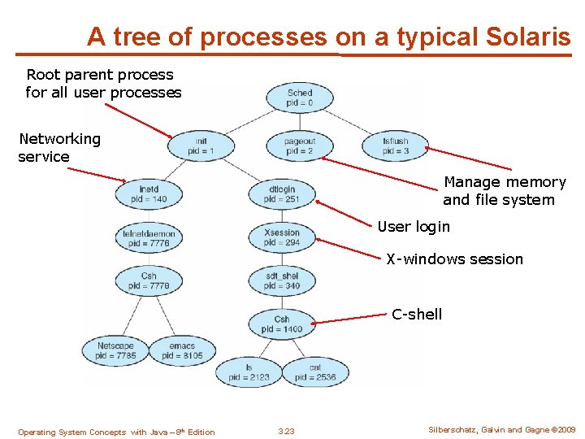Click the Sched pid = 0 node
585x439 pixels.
[x=299, y=98]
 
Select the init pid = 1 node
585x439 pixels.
[x=201, y=146]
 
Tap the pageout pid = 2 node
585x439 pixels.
[x=299, y=146]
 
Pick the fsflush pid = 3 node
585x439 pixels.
[x=396, y=146]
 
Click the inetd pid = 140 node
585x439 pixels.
[x=149, y=194]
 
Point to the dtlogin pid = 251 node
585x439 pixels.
[x=282, y=194]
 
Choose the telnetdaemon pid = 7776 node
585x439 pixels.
[x=149, y=238]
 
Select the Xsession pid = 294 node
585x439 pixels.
[x=282, y=237]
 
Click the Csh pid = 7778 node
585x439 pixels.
[x=149, y=280]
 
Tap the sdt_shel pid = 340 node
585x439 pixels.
[x=282, y=280]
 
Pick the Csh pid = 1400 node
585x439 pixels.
[x=282, y=324]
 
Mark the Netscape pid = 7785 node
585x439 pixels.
[x=115, y=350]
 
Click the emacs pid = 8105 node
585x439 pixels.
[x=182, y=350]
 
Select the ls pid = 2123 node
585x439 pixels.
[x=249, y=372]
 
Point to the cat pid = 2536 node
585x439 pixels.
[x=315, y=372]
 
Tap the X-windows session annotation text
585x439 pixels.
[x=454, y=259]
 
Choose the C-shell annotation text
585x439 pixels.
[x=417, y=315]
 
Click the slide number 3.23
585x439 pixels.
[x=286, y=431]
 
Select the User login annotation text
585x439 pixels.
[x=413, y=226]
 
